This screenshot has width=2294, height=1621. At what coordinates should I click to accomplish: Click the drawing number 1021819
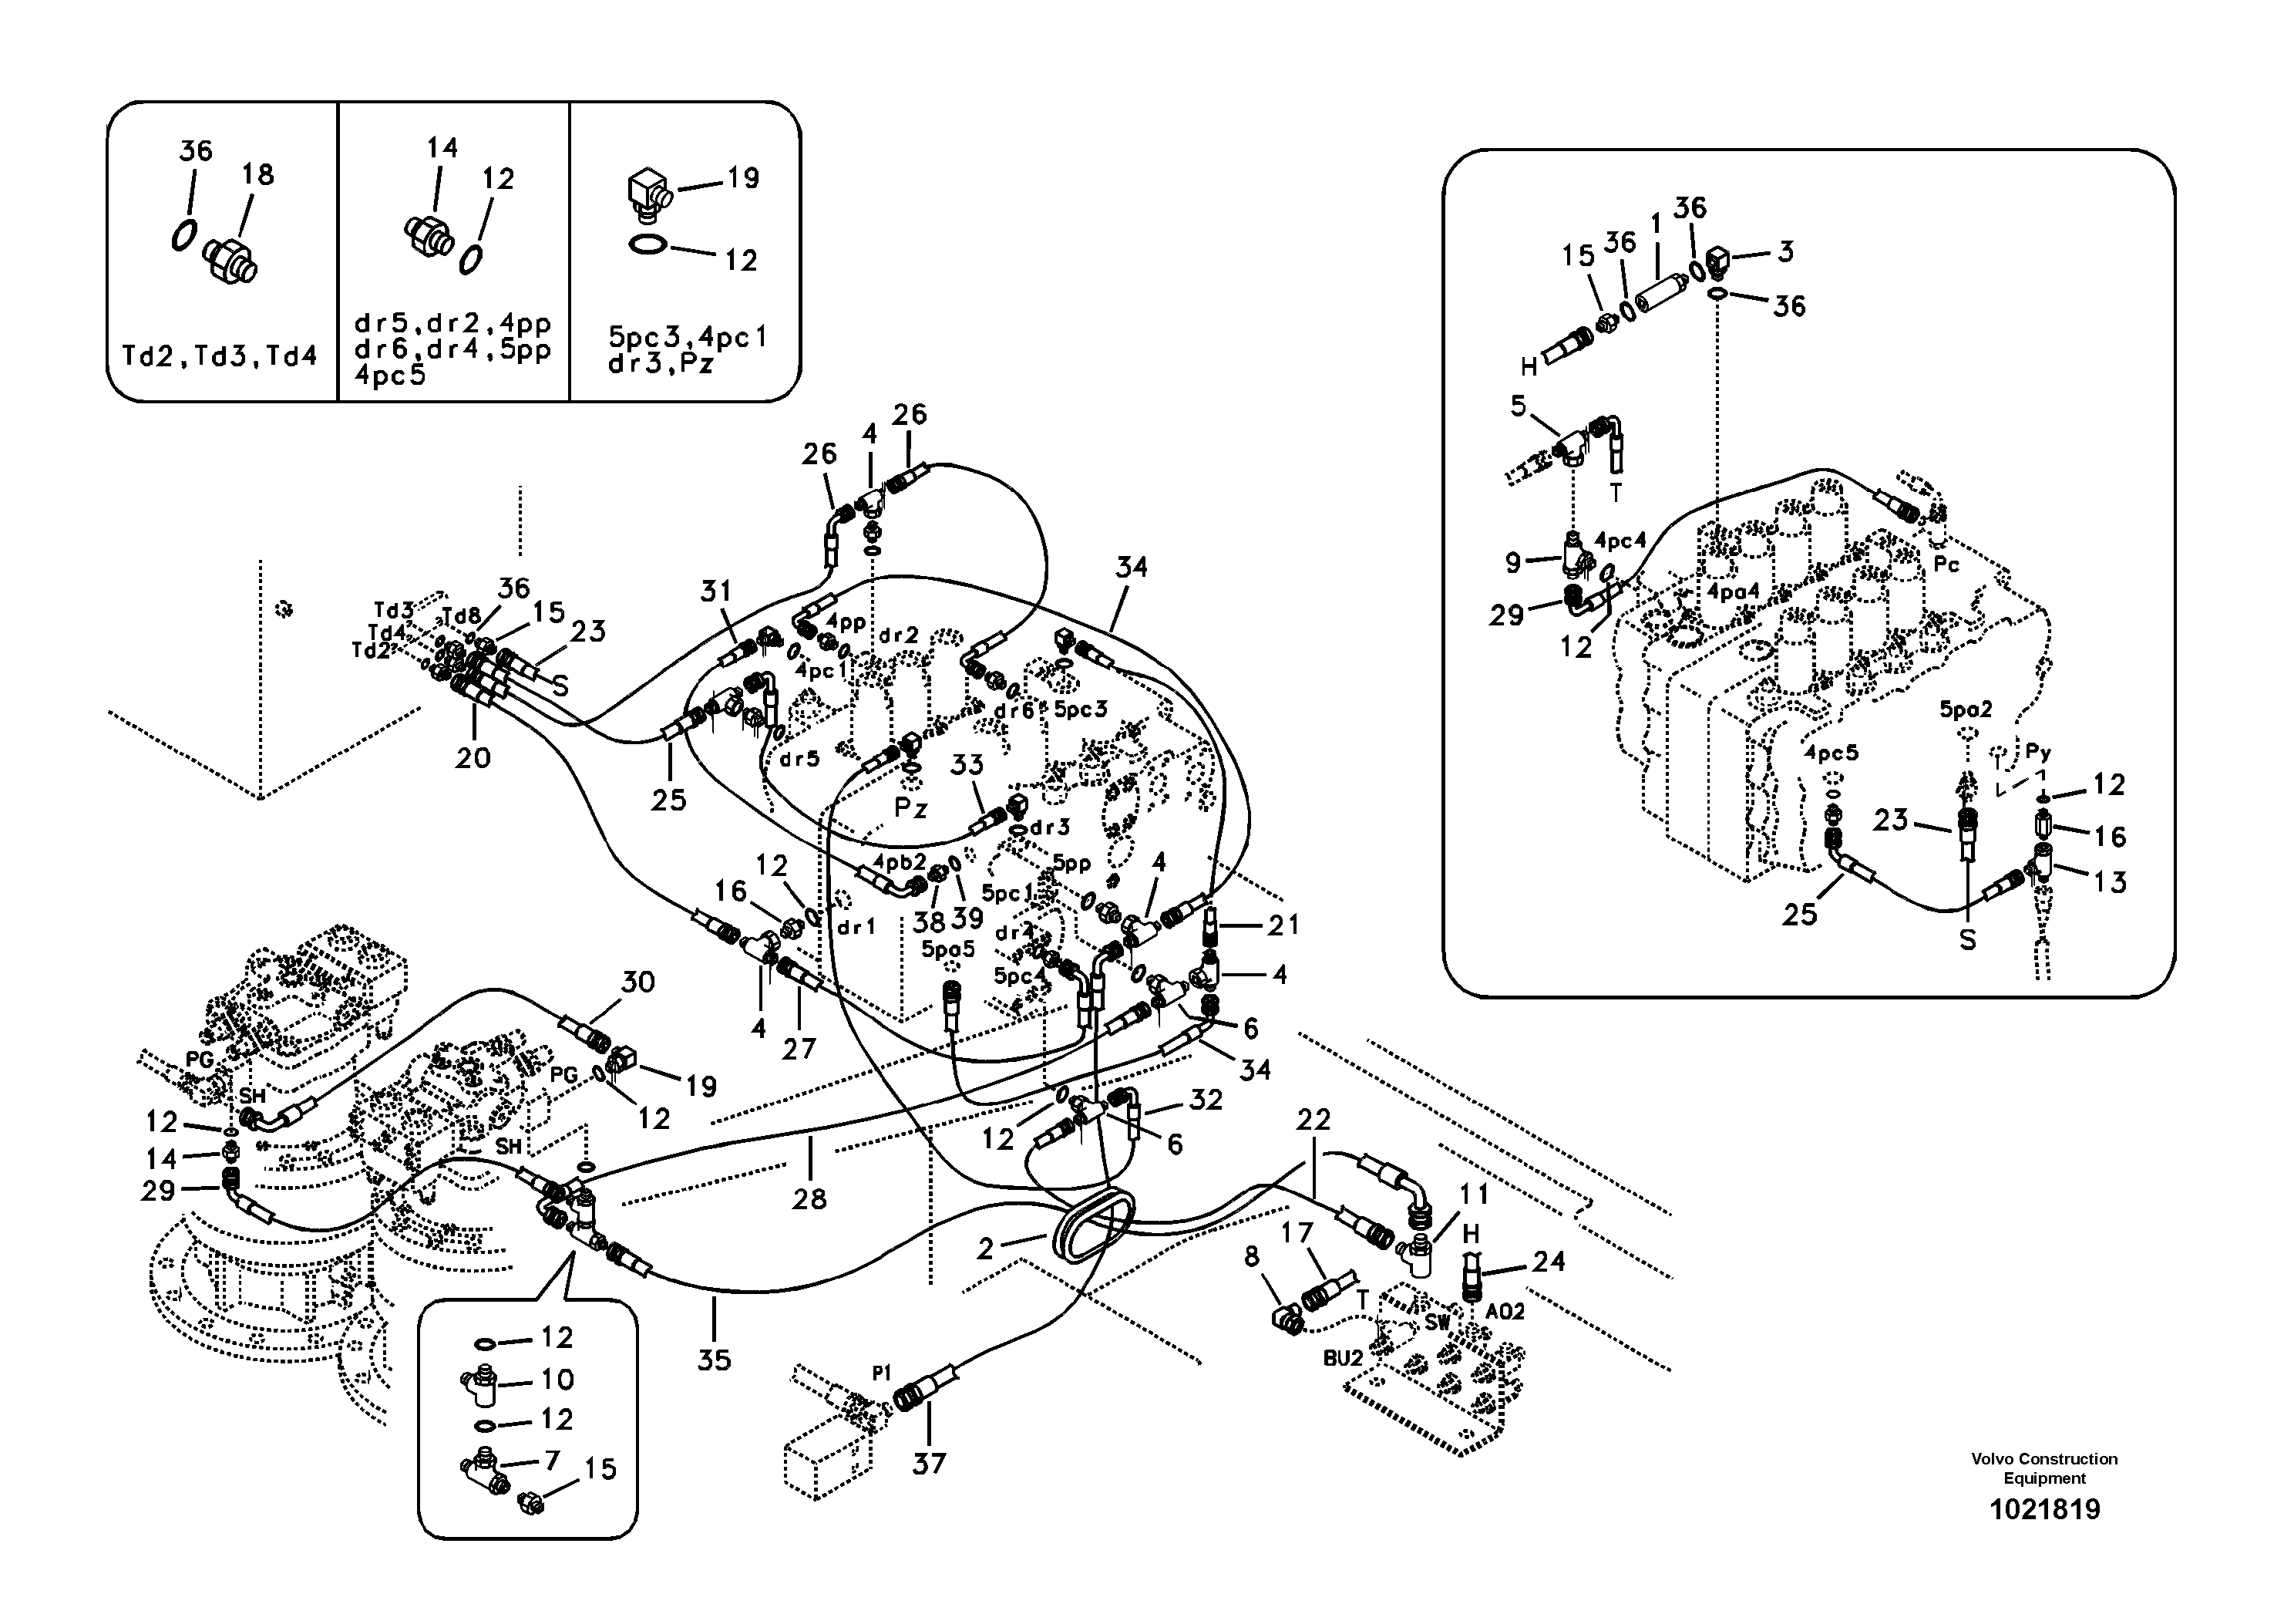[x=2044, y=1509]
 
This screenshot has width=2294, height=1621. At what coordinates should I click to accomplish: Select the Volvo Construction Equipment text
[x=2044, y=1468]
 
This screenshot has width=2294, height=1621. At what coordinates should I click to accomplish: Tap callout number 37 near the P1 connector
[x=928, y=1464]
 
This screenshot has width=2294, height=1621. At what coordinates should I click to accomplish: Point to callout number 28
[x=809, y=1198]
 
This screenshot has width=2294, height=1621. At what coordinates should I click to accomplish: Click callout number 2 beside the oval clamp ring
[x=985, y=1249]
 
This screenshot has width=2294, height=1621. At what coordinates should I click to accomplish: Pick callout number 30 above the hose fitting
[x=637, y=982]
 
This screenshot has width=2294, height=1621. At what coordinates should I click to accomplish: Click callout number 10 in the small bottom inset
[x=557, y=1379]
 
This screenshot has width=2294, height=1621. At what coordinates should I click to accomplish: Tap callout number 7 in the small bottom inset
[x=550, y=1460]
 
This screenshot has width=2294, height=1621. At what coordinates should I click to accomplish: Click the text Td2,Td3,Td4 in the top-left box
[x=219, y=356]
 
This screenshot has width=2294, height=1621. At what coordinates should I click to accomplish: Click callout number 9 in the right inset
[x=1512, y=563]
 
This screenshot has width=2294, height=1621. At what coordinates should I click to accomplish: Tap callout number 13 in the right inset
[x=2108, y=881]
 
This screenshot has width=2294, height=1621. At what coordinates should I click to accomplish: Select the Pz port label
[x=910, y=807]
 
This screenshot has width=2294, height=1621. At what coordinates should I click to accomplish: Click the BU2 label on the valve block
[x=1343, y=1357]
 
